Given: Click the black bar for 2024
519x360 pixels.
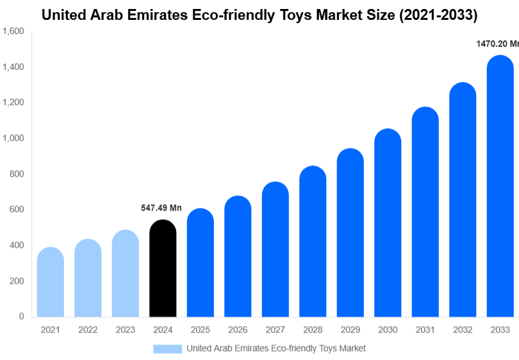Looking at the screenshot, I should (x=163, y=269).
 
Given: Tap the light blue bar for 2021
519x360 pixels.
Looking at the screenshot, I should (x=51, y=282).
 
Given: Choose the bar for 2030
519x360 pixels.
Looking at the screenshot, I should (x=388, y=224).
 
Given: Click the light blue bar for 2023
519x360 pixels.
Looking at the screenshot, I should (x=125, y=274).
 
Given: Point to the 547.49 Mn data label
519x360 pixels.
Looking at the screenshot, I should (x=161, y=208).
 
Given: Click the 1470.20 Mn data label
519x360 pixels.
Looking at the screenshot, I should (x=497, y=44).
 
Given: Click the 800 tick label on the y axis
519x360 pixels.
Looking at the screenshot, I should (x=17, y=174).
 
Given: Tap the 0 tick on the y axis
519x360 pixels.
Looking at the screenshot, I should (x=21, y=316).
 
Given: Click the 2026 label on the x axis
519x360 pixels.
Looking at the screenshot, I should (x=238, y=330).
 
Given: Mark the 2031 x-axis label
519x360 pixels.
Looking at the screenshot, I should (x=425, y=330).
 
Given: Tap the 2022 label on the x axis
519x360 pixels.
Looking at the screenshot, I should (x=88, y=330).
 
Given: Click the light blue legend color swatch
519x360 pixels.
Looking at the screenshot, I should (x=167, y=348).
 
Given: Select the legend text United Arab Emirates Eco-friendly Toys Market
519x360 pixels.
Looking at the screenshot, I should (x=276, y=348).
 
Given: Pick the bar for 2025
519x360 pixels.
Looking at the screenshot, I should (x=201, y=263).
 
